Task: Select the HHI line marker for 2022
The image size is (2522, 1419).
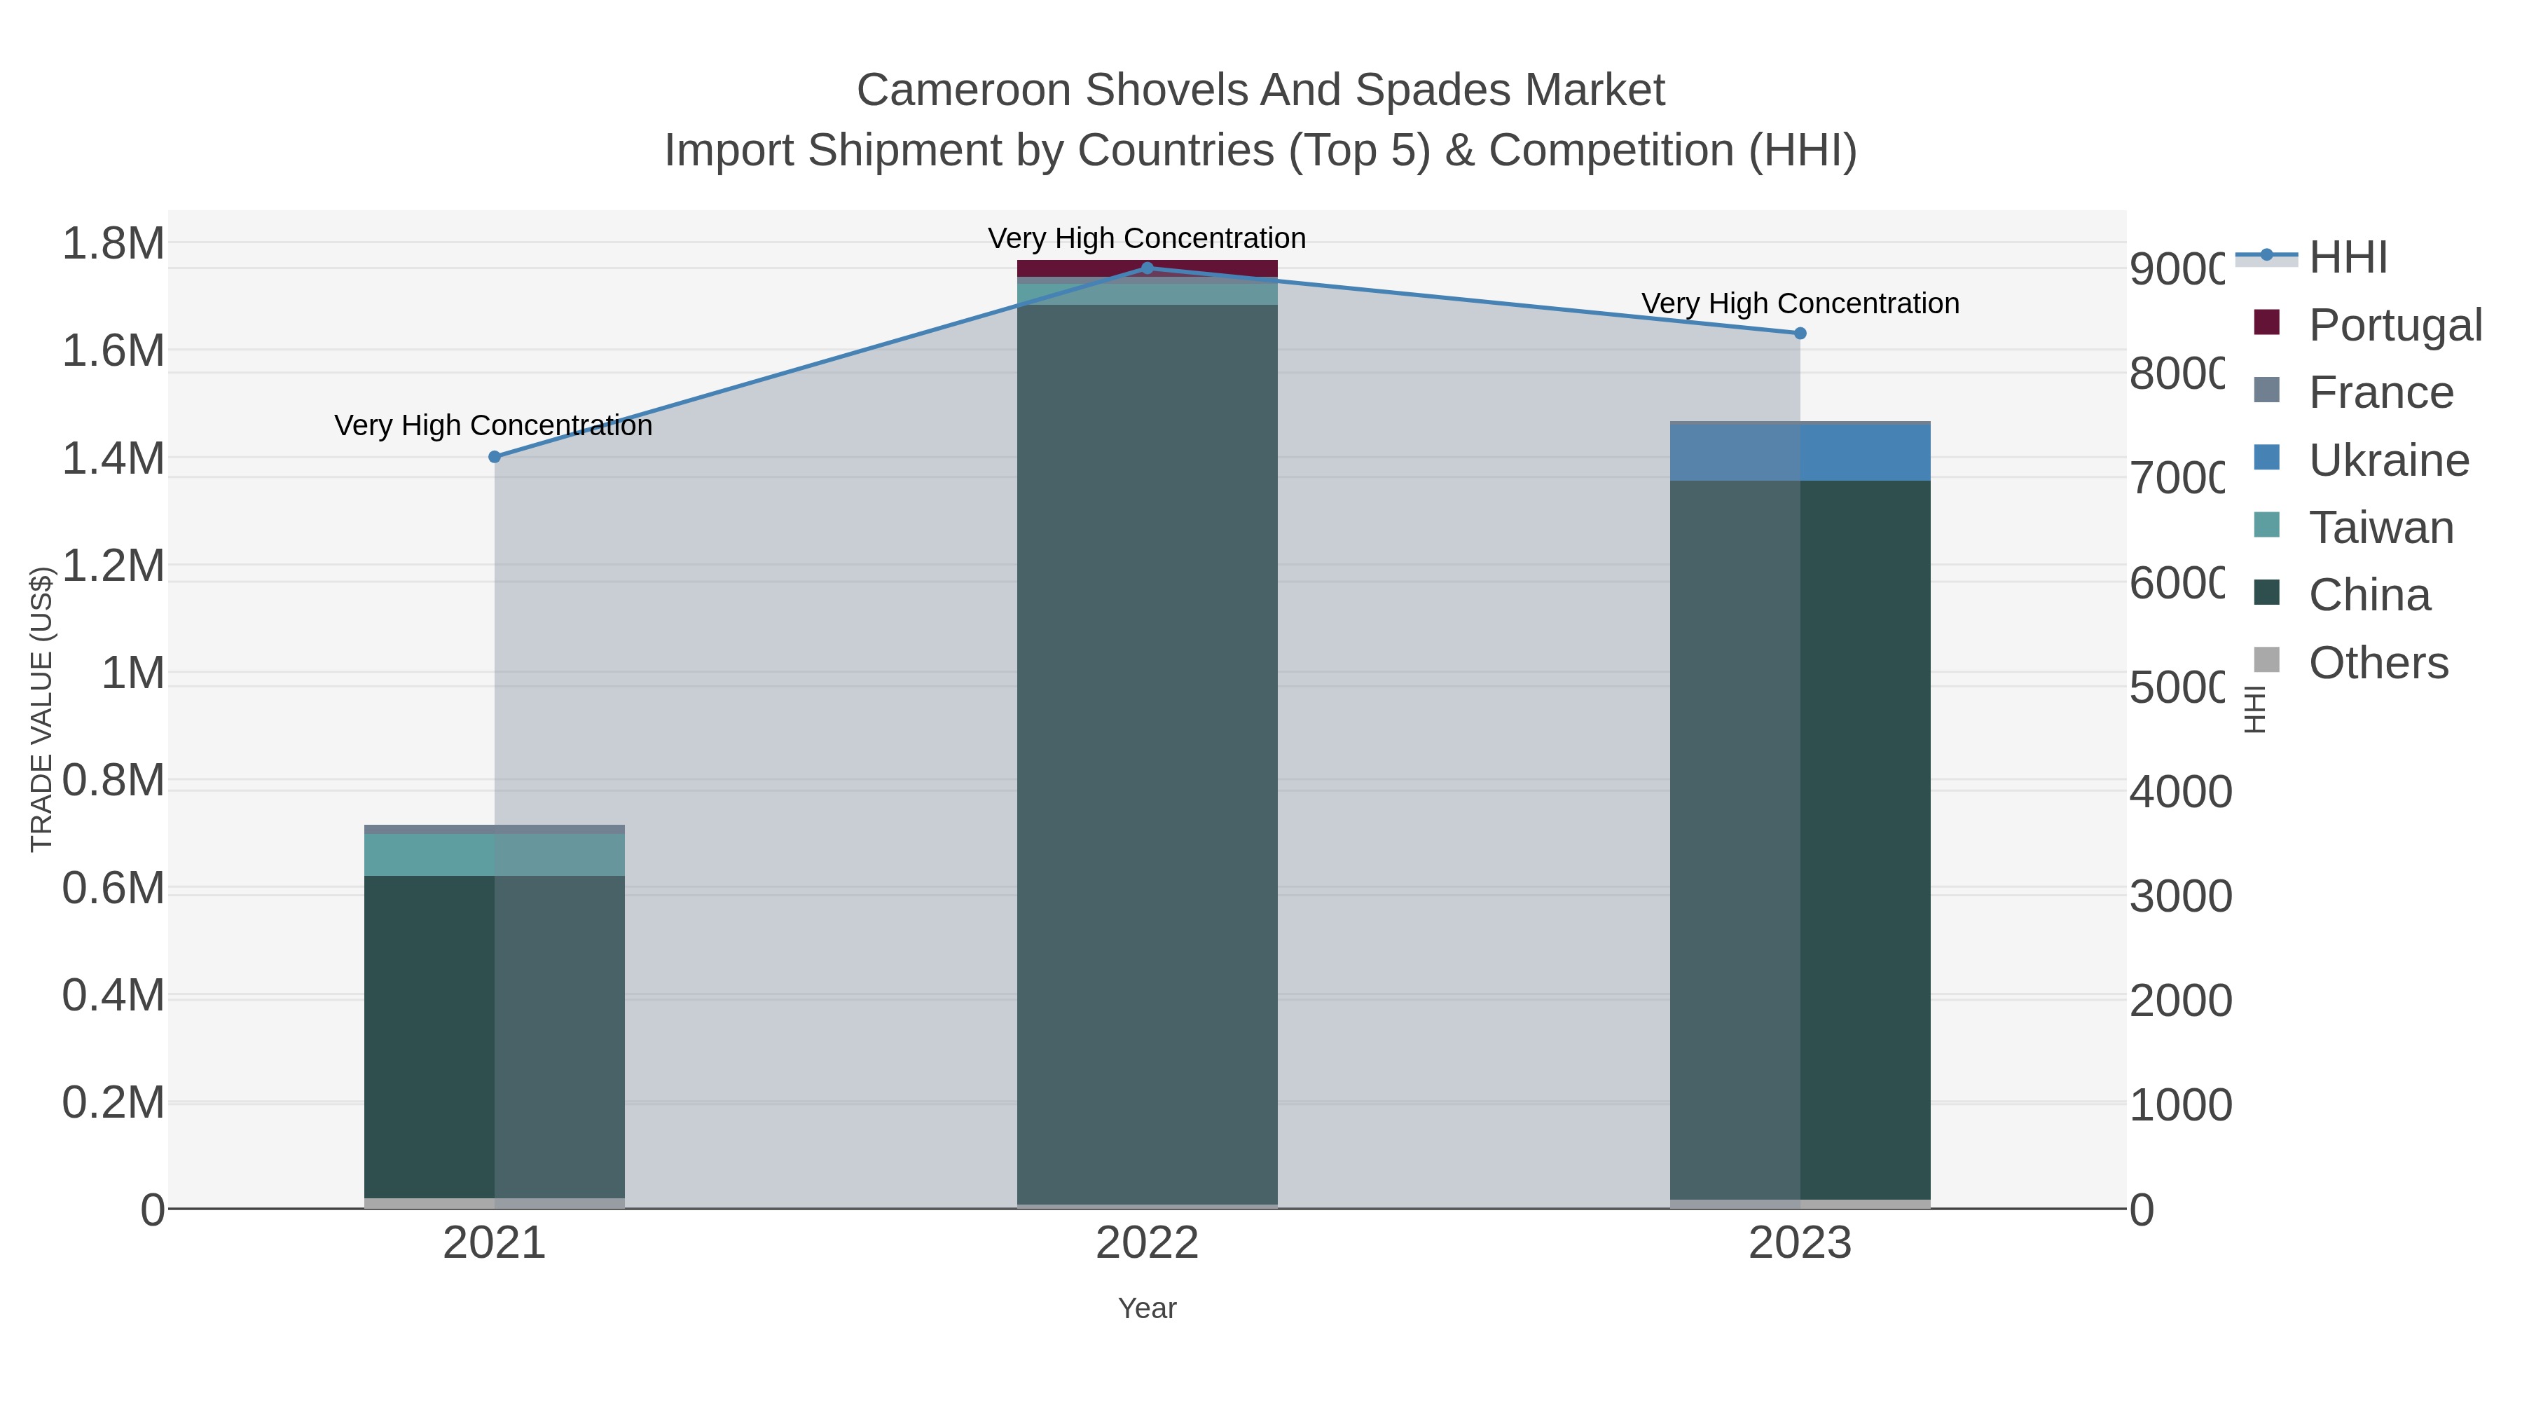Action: click(x=1148, y=268)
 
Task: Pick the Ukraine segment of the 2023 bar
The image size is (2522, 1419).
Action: click(x=1800, y=453)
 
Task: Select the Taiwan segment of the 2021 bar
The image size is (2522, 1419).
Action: click(x=495, y=854)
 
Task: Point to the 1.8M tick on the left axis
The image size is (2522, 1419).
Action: click(x=113, y=243)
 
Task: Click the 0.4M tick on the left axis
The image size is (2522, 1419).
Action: click(x=113, y=995)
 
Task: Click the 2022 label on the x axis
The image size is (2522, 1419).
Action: click(x=1148, y=1244)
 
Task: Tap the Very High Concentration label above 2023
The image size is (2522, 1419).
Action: click(x=1800, y=303)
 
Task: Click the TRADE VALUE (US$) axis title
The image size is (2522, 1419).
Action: click(x=41, y=709)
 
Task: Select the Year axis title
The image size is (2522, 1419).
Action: click(x=1148, y=1308)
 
